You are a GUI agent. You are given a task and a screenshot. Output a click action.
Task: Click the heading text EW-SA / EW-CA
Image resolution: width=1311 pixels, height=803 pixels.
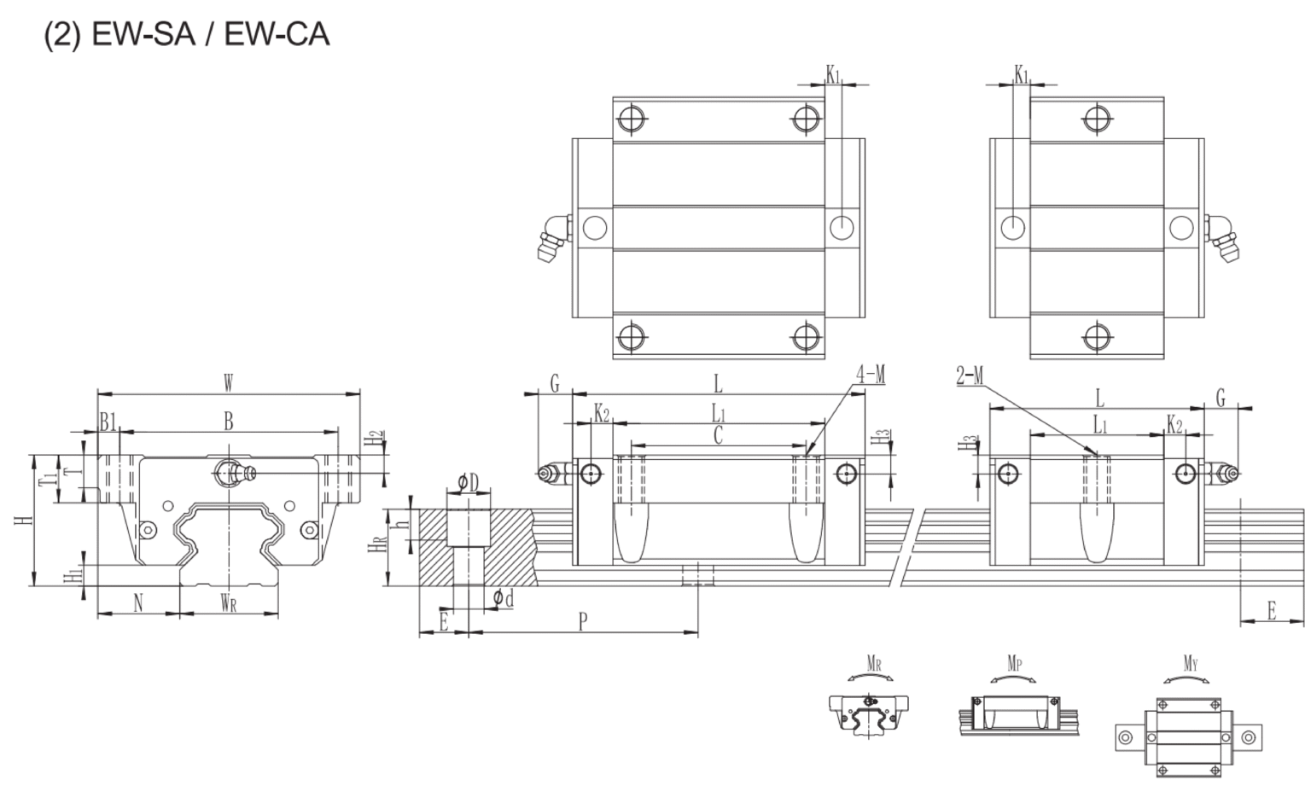(x=186, y=34)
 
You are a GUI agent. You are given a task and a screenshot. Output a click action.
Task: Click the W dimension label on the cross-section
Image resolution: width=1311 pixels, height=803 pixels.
(x=228, y=383)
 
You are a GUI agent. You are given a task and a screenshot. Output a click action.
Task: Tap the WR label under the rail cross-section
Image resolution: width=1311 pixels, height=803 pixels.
(x=228, y=604)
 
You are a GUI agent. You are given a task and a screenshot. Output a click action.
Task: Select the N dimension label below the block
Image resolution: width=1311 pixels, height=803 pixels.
(x=138, y=603)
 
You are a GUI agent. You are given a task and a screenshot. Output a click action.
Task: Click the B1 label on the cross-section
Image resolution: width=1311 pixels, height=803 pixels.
(x=108, y=421)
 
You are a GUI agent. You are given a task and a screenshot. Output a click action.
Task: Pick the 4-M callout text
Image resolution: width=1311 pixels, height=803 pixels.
(x=871, y=374)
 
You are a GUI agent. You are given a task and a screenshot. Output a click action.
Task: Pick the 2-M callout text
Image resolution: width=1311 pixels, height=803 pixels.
(x=970, y=375)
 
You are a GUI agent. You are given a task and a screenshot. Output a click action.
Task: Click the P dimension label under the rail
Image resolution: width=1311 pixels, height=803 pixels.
(x=582, y=621)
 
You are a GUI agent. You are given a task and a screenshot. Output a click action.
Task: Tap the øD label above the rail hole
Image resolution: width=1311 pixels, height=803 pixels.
(x=468, y=484)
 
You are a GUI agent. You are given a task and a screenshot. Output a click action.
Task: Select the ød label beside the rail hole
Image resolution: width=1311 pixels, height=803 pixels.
(x=503, y=599)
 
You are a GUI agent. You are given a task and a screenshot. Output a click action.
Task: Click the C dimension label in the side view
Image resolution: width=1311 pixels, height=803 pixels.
(x=718, y=435)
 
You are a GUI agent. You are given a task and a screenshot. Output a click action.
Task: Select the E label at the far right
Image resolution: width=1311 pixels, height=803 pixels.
(x=1271, y=611)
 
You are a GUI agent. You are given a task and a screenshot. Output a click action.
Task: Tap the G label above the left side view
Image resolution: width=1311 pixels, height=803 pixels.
(x=554, y=384)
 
